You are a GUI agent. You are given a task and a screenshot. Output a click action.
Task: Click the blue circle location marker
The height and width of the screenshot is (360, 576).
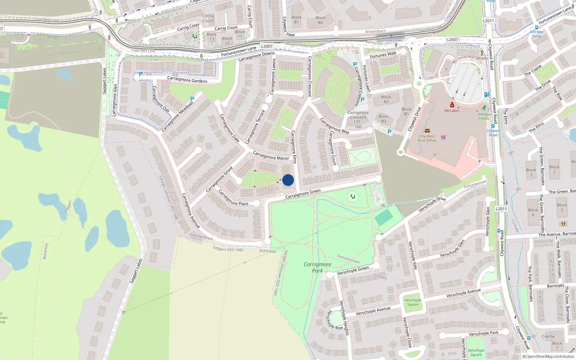pos(288,180)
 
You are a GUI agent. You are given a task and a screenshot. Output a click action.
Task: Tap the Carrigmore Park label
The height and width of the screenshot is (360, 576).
pos(317,267)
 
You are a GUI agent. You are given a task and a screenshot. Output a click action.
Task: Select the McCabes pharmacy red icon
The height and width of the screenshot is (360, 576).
pos(452,105)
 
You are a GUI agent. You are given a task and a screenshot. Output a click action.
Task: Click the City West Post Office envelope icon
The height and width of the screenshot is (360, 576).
pos(427,131)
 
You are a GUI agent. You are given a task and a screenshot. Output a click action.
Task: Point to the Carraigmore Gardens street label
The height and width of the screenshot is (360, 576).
pos(187,80)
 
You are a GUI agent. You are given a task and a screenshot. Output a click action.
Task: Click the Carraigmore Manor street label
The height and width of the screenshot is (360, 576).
pos(271,156)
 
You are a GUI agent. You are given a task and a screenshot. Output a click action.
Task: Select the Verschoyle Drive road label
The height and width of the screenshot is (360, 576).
pos(432,204)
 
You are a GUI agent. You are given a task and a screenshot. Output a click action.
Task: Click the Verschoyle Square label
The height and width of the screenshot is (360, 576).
pos(413,302)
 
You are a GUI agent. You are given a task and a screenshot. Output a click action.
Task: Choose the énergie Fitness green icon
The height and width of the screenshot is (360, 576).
pos(484,108)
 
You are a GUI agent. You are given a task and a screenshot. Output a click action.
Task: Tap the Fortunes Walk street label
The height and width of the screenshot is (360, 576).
pos(383,55)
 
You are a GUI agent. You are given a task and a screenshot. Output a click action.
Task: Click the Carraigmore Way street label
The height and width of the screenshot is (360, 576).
pos(334,126)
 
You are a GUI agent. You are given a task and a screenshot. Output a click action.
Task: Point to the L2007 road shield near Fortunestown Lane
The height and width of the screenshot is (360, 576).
pos(267,46)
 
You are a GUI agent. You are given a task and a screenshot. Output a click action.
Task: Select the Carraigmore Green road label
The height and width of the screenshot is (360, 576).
pos(303,194)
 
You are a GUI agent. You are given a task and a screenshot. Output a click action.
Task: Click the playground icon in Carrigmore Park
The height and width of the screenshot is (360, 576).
pos(353,197)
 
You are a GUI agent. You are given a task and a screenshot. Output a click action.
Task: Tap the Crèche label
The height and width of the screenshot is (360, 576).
pos(548,337)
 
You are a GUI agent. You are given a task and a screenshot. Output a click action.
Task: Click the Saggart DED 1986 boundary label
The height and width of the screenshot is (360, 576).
pos(228,249)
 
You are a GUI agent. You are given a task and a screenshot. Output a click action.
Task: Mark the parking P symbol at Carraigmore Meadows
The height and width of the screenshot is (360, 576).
pos(192,99)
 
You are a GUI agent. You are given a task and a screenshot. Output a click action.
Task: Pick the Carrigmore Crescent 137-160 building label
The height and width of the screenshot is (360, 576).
pos(358,120)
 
